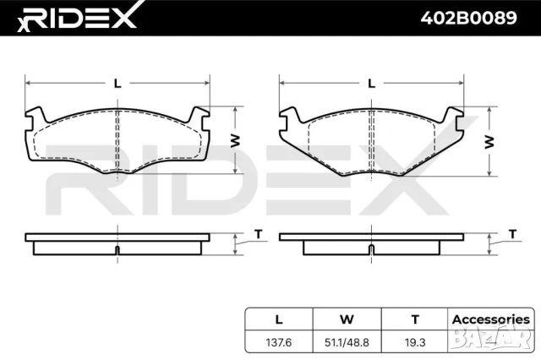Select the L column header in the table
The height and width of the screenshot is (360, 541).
tap(279, 319)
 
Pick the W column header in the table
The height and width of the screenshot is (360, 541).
tap(347, 319)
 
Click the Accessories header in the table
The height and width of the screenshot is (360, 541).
tap(491, 319)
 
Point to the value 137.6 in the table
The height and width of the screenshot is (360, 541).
tap(279, 342)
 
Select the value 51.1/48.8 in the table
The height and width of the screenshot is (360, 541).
tap(347, 342)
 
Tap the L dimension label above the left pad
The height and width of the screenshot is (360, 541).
tap(117, 84)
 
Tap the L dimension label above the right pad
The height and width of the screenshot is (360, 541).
tap(371, 84)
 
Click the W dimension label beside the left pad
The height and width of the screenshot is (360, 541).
tap(237, 141)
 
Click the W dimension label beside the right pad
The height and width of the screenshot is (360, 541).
tap(489, 141)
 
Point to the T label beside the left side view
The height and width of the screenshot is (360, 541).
tap(259, 234)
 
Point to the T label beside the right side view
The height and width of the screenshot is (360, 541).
tap(512, 234)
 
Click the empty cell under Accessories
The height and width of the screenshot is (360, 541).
tap(491, 342)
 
